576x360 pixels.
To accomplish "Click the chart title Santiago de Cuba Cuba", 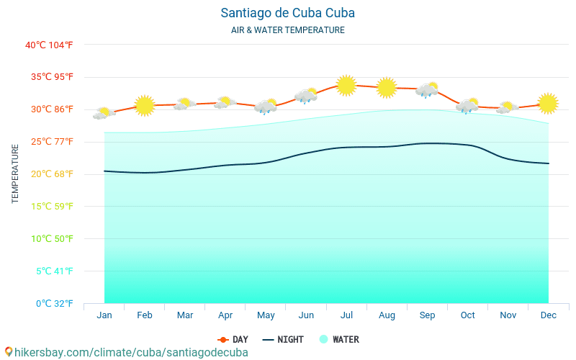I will (x=288, y=13).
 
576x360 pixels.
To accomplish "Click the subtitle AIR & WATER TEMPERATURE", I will (x=288, y=30).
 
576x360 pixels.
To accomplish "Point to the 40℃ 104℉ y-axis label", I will (x=49, y=45).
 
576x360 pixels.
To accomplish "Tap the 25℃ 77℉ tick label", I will (x=49, y=142).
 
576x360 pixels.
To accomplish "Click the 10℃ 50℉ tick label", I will (x=49, y=239).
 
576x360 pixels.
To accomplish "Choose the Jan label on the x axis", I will (x=104, y=315).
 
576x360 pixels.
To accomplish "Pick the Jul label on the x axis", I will (x=346, y=315).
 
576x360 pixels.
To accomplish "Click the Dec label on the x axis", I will (x=548, y=315).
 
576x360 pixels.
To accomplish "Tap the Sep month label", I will (x=427, y=315).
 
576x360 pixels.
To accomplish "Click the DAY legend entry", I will (x=233, y=340).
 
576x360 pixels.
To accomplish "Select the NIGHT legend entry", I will (x=283, y=340).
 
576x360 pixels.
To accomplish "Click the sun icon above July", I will (x=346, y=86).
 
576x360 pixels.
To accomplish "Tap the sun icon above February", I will (x=145, y=106).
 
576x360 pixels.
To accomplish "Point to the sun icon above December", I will (x=548, y=104).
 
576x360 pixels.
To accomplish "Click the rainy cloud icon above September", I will (x=427, y=90).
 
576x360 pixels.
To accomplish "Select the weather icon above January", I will (x=104, y=113).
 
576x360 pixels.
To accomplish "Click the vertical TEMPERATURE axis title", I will (x=15, y=174).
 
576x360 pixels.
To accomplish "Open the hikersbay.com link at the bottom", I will (x=126, y=353).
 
